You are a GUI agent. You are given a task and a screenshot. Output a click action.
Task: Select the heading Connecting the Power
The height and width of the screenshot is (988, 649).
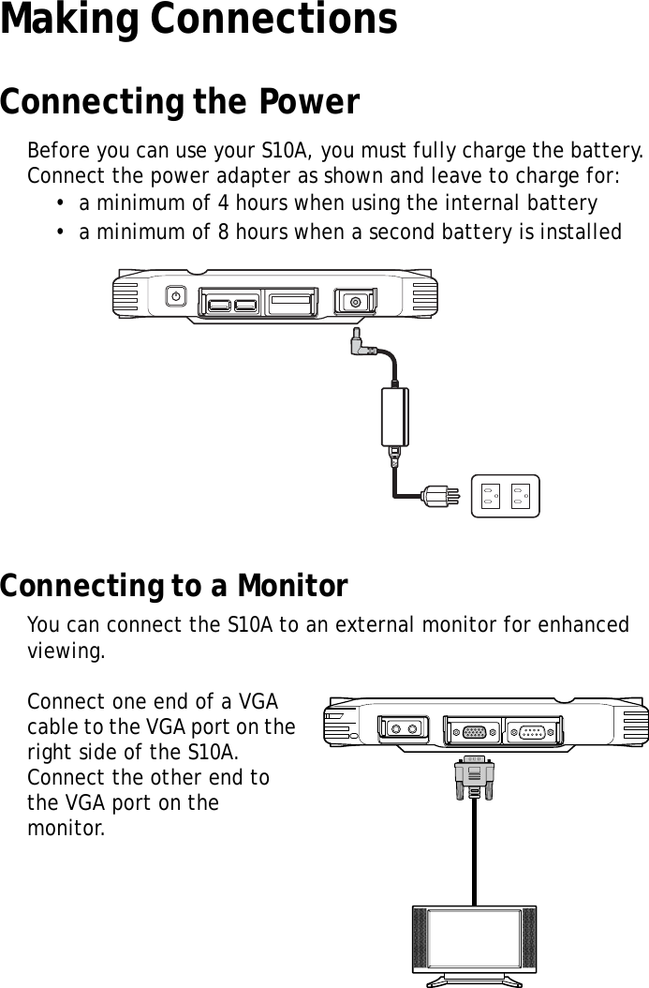(179, 103)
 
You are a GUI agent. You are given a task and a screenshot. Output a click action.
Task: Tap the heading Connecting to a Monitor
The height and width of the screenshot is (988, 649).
(173, 588)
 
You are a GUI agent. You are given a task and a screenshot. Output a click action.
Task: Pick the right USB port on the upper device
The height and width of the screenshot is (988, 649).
(245, 304)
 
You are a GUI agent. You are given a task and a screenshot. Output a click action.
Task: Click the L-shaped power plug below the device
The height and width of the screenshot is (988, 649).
(360, 346)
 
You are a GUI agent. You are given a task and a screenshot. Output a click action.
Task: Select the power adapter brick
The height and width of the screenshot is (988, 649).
(396, 417)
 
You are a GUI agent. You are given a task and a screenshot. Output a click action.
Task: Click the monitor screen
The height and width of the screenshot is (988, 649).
(474, 939)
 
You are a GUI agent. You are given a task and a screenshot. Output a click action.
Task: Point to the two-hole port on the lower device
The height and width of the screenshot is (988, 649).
(403, 729)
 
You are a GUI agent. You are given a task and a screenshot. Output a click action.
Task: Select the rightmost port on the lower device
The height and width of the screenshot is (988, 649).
(532, 730)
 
